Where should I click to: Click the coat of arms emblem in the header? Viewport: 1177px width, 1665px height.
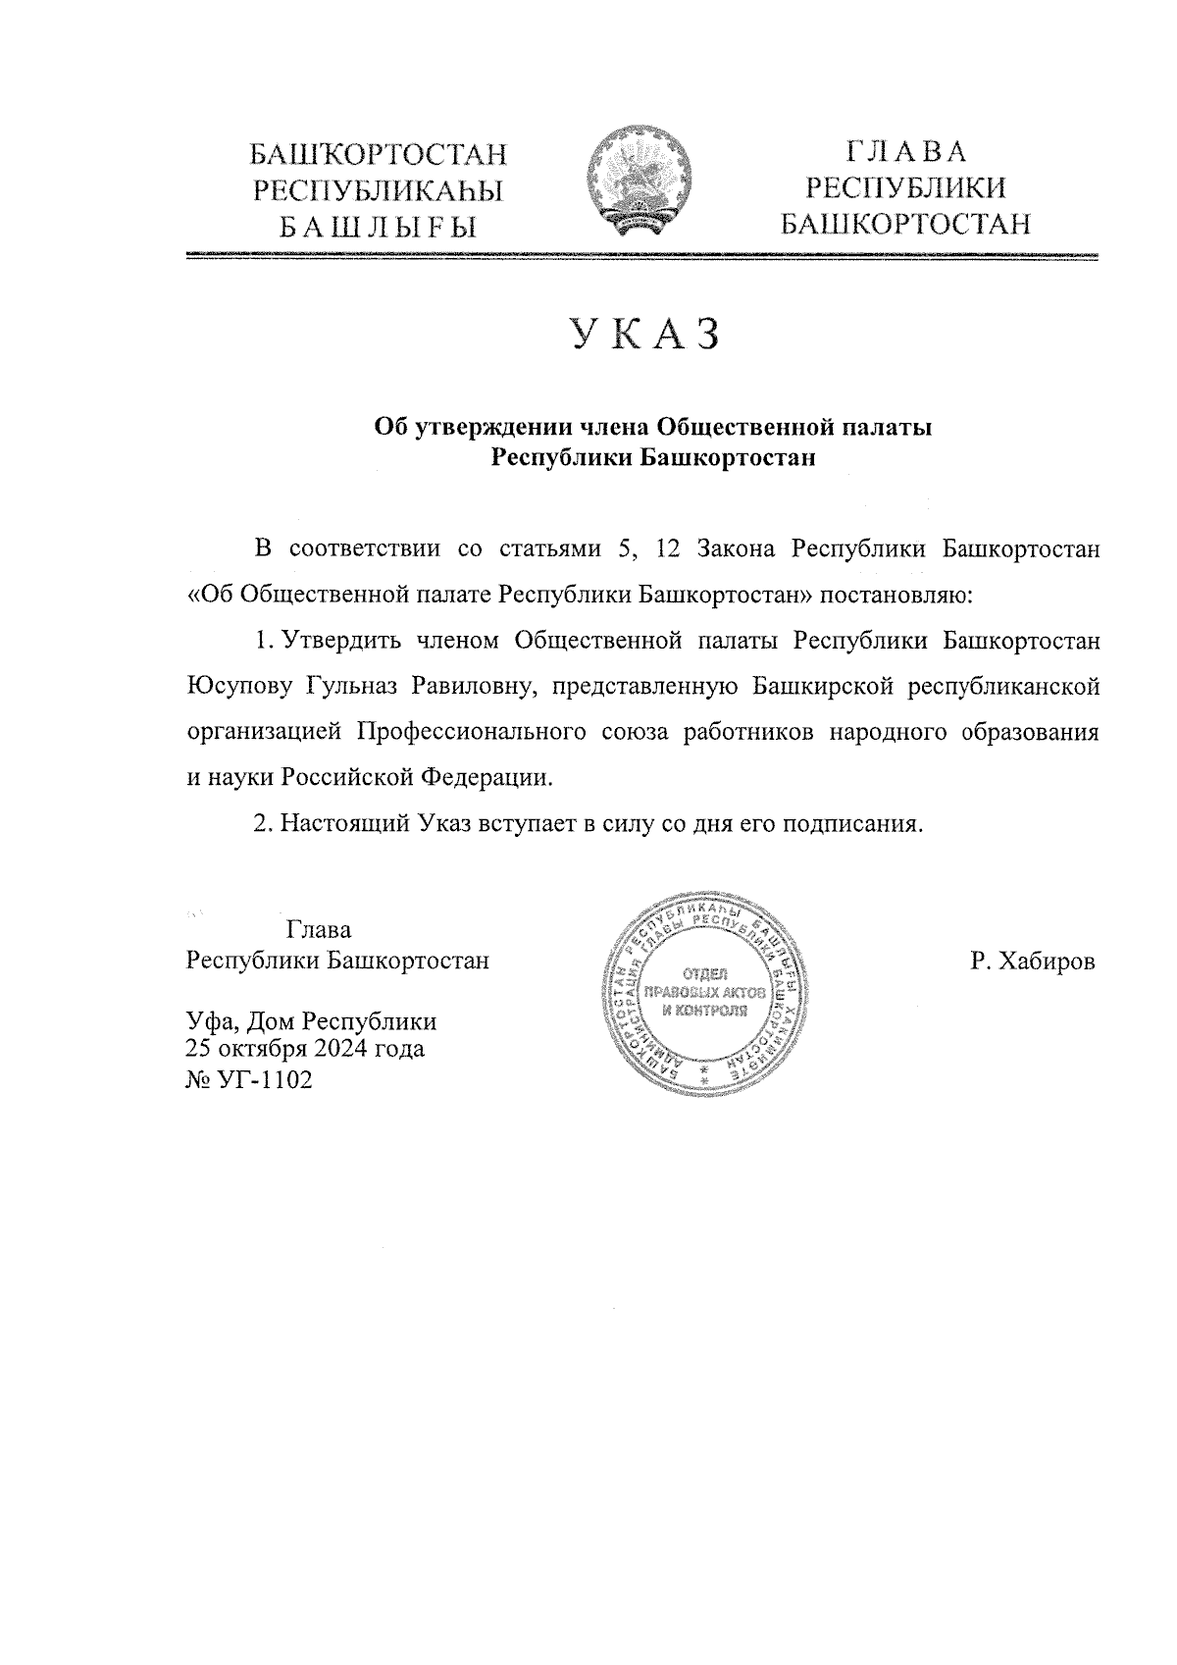[638, 183]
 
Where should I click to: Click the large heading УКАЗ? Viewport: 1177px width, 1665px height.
[646, 335]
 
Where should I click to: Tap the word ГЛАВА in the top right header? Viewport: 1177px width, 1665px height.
[906, 152]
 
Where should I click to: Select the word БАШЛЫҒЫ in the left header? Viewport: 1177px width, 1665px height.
[379, 228]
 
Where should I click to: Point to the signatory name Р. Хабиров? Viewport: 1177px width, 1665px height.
[1032, 962]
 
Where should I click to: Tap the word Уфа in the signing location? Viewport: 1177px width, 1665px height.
[211, 1021]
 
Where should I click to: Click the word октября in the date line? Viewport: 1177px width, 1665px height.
[265, 1050]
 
